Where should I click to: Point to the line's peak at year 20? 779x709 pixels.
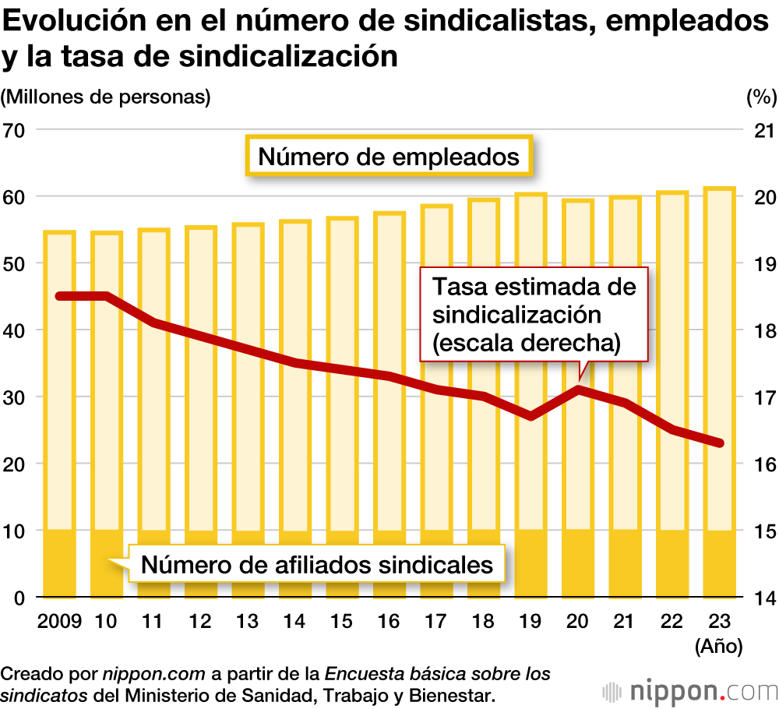578,388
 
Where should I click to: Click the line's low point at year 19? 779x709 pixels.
530,416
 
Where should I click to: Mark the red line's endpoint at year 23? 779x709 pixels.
720,443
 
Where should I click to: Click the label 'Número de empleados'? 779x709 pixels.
389,157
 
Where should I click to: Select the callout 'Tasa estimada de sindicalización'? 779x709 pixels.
534,314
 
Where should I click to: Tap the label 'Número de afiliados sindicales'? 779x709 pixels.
317,563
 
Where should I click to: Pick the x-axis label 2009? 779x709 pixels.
58,622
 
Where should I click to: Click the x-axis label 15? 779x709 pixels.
342,622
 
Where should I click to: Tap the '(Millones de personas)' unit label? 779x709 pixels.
107,97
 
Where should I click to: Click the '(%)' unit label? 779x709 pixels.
761,97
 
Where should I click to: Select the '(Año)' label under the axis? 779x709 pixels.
717,647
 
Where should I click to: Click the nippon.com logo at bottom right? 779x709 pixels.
689,691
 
